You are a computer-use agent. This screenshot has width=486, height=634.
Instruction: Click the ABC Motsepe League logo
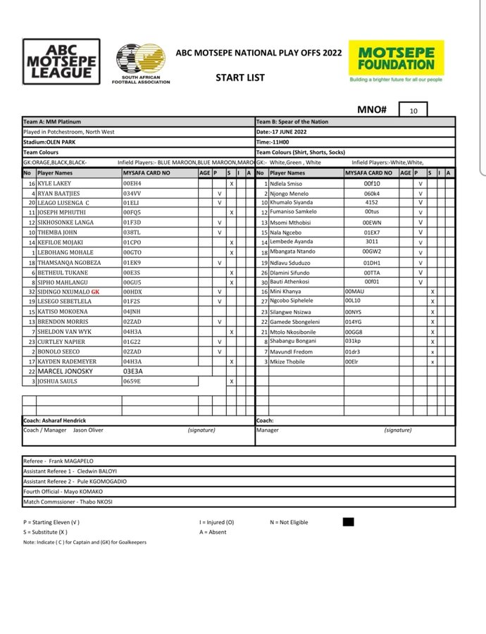61,62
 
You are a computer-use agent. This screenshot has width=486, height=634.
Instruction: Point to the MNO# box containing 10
412,111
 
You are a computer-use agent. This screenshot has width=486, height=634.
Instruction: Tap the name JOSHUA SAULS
58,381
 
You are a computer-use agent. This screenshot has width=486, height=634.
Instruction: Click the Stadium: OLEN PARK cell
51,141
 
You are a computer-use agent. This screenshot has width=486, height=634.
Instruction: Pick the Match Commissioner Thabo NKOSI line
68,502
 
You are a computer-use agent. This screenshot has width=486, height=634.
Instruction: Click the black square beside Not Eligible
347,521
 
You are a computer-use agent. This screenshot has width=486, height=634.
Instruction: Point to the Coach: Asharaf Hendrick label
55,421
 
